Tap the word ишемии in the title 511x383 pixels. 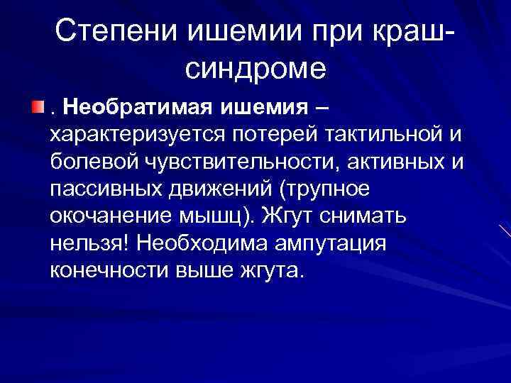click(x=226, y=32)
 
